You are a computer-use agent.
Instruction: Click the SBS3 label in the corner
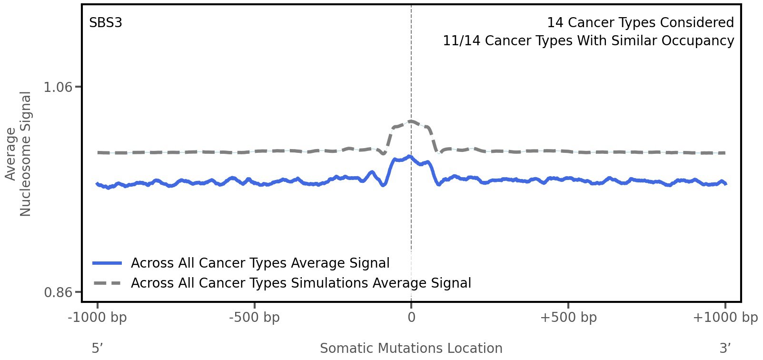point(106,23)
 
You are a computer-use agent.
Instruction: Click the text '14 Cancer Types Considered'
point(640,23)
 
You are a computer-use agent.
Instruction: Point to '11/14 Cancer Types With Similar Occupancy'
point(588,41)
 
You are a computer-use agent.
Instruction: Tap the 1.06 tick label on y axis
point(58,87)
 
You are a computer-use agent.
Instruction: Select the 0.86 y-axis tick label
point(58,292)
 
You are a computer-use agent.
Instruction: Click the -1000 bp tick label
point(98,318)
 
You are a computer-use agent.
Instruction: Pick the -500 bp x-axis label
point(254,318)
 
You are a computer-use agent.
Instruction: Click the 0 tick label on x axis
point(411,318)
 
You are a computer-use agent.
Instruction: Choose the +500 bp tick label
point(568,318)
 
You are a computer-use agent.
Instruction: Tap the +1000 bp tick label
point(725,318)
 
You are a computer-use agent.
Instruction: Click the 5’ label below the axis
point(97,349)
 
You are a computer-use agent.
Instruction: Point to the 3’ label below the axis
point(725,349)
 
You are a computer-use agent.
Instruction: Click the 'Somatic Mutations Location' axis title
point(411,349)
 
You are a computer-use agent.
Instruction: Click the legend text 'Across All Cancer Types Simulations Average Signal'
point(301,283)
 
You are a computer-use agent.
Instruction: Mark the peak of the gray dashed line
point(411,121)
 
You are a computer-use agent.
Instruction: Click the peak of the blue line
point(409,157)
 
